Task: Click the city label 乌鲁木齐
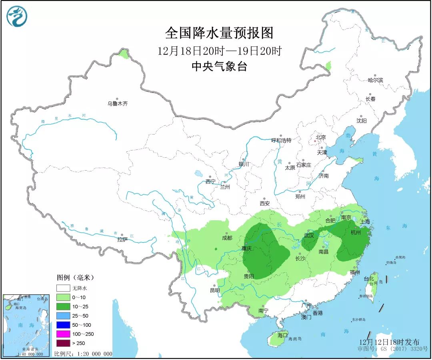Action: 117,103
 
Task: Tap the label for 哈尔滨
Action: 375,80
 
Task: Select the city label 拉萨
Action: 122,239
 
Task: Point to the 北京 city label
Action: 321,137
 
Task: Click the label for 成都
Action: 226,238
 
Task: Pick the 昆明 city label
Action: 215,290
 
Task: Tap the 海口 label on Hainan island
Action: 283,335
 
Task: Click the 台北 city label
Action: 368,279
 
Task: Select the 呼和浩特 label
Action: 281,140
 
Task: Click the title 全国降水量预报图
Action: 219,33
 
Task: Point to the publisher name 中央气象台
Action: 219,66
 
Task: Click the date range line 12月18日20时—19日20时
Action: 220,51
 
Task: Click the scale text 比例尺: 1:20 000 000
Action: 83,354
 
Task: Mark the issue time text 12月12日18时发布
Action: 389,342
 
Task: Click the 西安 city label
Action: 265,203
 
